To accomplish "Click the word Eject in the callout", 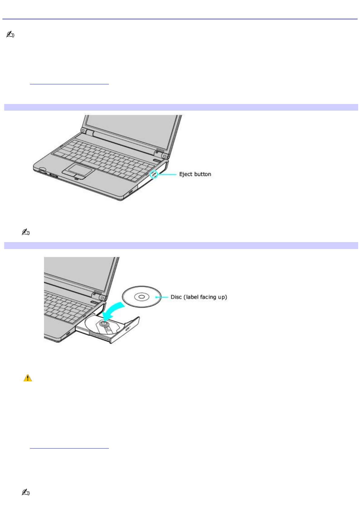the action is click(185, 174).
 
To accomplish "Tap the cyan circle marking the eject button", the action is click(154, 174).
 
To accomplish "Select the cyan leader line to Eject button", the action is click(167, 174).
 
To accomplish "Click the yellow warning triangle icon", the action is click(28, 378).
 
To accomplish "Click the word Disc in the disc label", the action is click(176, 297).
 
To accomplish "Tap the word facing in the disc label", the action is click(208, 297).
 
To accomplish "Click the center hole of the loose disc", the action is click(142, 297).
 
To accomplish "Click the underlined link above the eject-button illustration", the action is click(69, 82).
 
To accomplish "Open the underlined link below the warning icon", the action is click(69, 446).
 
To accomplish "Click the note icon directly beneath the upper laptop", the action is click(26, 232).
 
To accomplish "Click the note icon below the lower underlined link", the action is click(26, 492).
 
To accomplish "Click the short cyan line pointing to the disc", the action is click(162, 297).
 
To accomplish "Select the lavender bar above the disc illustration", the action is click(181, 245).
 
